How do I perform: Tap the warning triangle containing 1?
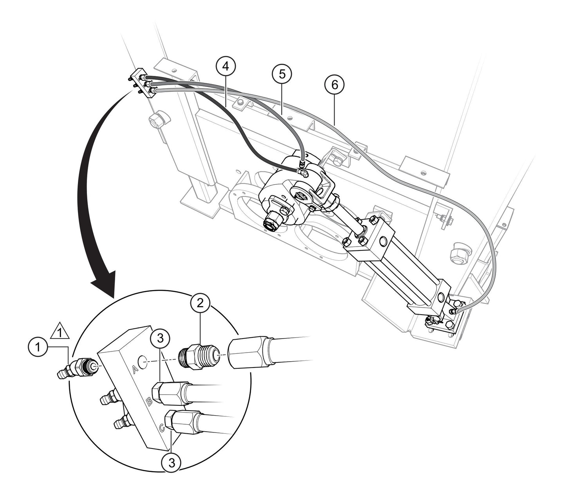[60, 331]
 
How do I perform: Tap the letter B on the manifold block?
[149, 402]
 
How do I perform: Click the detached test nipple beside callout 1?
[77, 369]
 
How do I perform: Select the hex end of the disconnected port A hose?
[246, 354]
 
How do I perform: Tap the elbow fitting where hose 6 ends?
[454, 311]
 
